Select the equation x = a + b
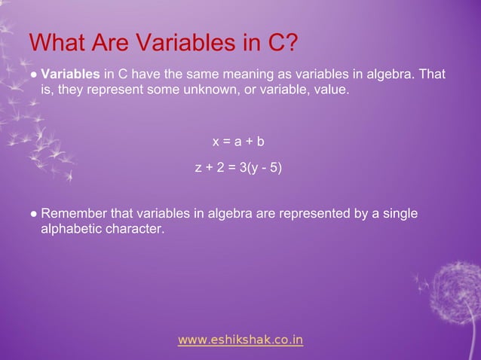click(x=239, y=142)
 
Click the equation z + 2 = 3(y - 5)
click(x=239, y=167)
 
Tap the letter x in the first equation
click(x=216, y=142)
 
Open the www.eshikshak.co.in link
click(x=240, y=340)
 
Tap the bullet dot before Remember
click(x=33, y=215)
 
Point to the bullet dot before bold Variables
click(x=33, y=76)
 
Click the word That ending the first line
click(x=432, y=75)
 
